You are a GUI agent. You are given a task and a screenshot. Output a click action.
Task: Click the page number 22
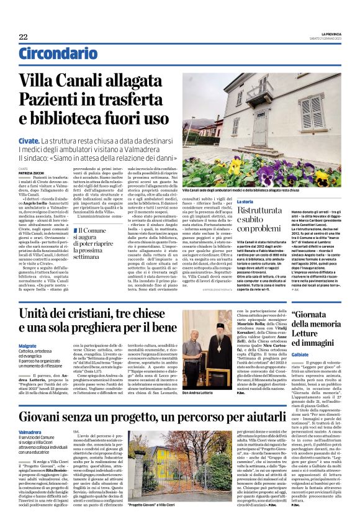coord(23,37)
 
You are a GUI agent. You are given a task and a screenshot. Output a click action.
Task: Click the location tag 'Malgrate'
coord(27,346)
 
